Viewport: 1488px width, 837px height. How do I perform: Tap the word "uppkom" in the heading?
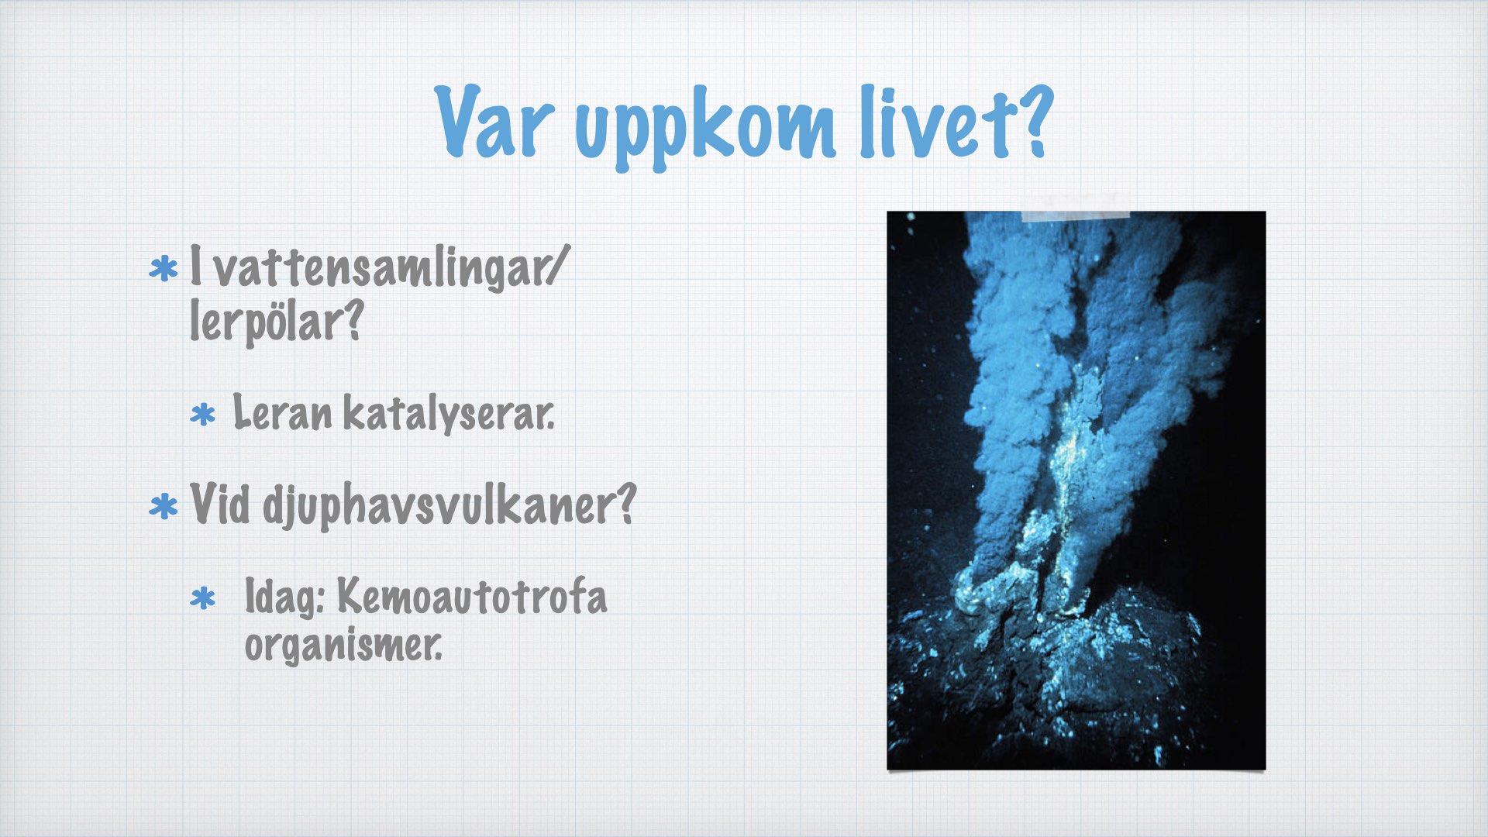pos(705,128)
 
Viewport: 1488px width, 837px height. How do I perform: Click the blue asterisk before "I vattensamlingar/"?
pos(163,270)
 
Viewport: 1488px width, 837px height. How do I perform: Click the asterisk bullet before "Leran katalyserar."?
pos(202,415)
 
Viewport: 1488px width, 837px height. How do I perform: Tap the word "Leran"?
pos(282,412)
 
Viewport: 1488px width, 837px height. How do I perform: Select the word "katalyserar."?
pos(449,414)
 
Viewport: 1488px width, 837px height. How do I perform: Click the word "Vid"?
pos(220,503)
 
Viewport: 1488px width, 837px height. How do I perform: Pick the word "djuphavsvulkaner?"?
pos(449,506)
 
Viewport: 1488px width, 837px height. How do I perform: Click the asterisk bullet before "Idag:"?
pos(202,598)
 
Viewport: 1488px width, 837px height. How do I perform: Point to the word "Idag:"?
pos(284,598)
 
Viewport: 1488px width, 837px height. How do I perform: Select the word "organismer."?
pos(343,644)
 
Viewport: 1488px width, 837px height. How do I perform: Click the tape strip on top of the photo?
pos(1076,207)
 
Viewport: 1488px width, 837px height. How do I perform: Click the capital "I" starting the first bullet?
pos(196,264)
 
